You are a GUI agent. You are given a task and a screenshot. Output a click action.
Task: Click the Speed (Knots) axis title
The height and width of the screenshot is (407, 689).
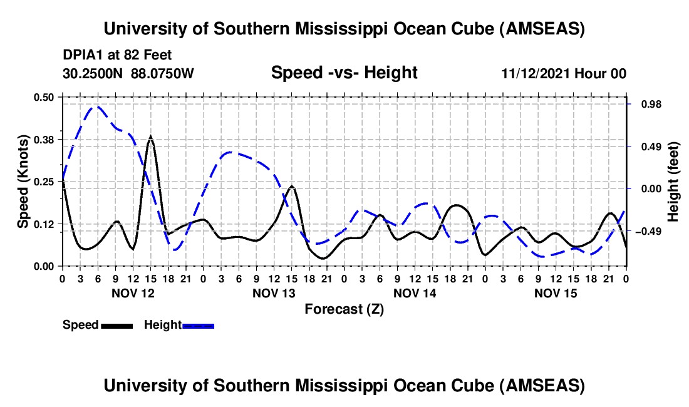pos(23,182)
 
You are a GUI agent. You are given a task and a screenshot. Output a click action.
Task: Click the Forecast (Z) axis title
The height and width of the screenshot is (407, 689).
pos(344,309)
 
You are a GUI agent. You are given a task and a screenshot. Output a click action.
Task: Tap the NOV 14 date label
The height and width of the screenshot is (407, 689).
pos(414,293)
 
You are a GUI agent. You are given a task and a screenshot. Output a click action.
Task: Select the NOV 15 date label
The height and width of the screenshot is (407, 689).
pos(555,293)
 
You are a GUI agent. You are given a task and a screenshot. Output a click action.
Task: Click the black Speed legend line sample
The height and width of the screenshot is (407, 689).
pos(117,326)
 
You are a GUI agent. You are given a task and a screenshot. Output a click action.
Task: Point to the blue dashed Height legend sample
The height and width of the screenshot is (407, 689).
pos(198,326)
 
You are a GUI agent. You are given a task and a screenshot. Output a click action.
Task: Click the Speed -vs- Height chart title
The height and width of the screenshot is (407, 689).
pos(344,73)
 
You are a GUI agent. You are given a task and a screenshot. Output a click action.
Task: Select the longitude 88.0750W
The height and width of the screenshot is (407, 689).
pos(163,73)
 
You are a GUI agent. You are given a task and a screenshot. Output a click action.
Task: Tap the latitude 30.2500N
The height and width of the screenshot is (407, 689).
pos(94,73)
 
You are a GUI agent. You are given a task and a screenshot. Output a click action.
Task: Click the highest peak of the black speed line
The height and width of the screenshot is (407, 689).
pos(150,137)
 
